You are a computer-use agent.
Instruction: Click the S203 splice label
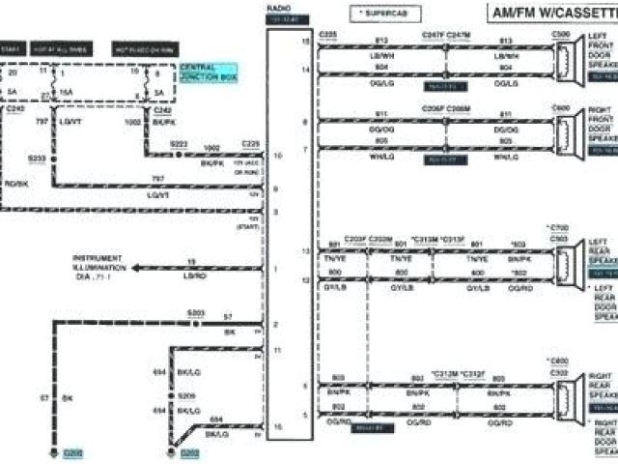point(196,313)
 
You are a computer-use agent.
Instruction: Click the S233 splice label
point(38,157)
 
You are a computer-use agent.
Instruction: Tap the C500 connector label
point(560,33)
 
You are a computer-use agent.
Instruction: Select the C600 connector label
point(560,107)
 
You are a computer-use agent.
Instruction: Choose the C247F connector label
point(432,35)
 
